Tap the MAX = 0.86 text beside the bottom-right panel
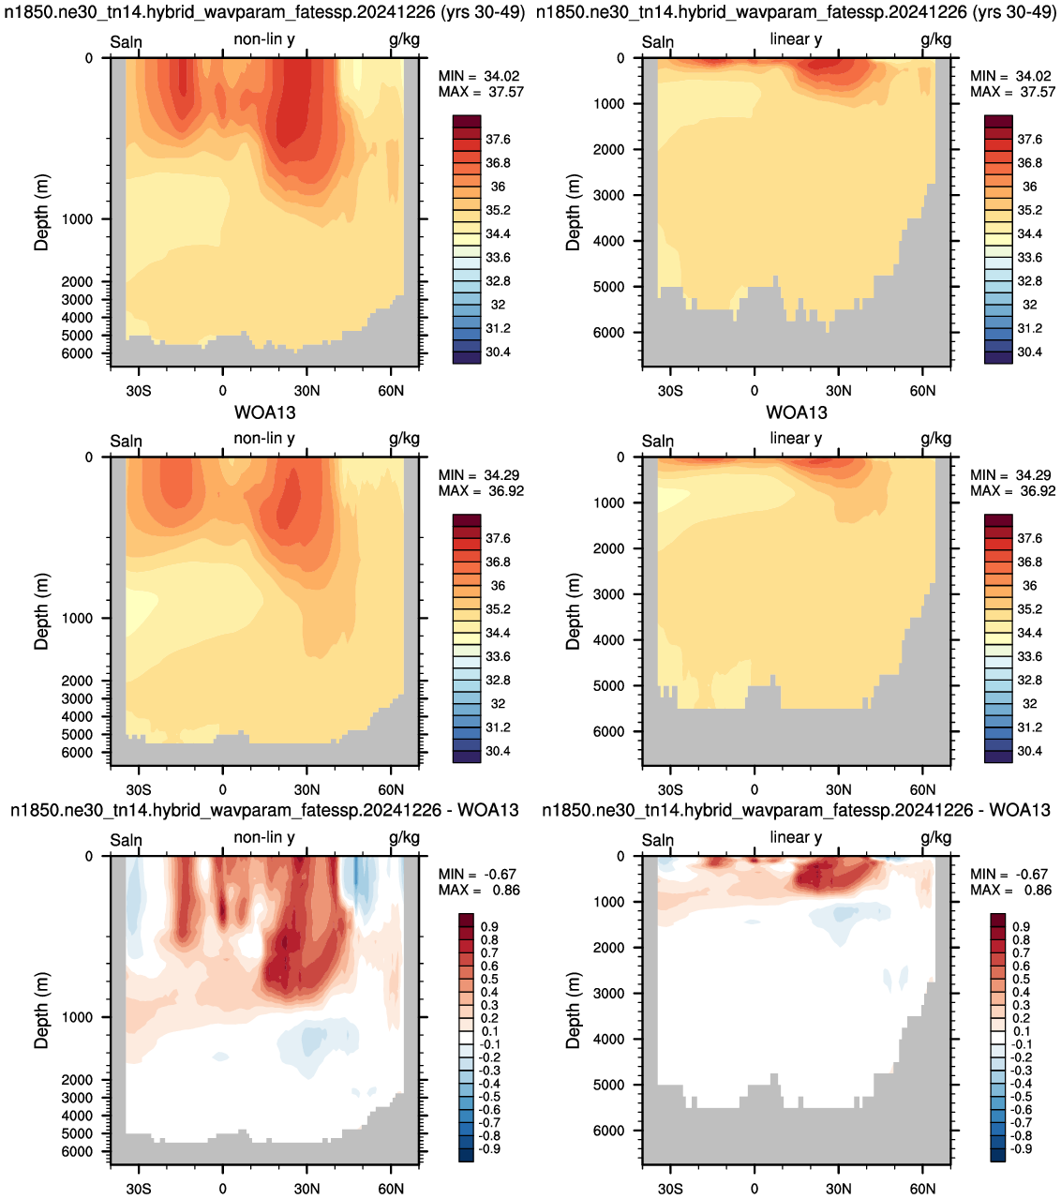[1010, 890]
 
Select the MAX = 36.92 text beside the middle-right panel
[1012, 490]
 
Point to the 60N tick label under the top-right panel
[922, 391]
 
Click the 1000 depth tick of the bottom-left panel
[78, 1017]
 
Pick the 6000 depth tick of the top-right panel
[609, 333]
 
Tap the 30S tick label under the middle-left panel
[139, 789]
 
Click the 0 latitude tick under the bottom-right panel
[754, 1189]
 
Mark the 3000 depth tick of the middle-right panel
[609, 594]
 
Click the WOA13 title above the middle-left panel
[264, 412]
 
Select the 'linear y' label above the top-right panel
[796, 39]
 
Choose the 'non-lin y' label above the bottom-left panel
[264, 837]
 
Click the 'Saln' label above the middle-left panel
[126, 441]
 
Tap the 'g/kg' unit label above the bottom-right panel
[936, 837]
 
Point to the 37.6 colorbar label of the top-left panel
[498, 139]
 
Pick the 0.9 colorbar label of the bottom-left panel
[490, 926]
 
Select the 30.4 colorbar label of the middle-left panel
[498, 751]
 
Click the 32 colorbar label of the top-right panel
[1030, 305]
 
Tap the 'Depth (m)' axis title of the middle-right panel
[573, 611]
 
